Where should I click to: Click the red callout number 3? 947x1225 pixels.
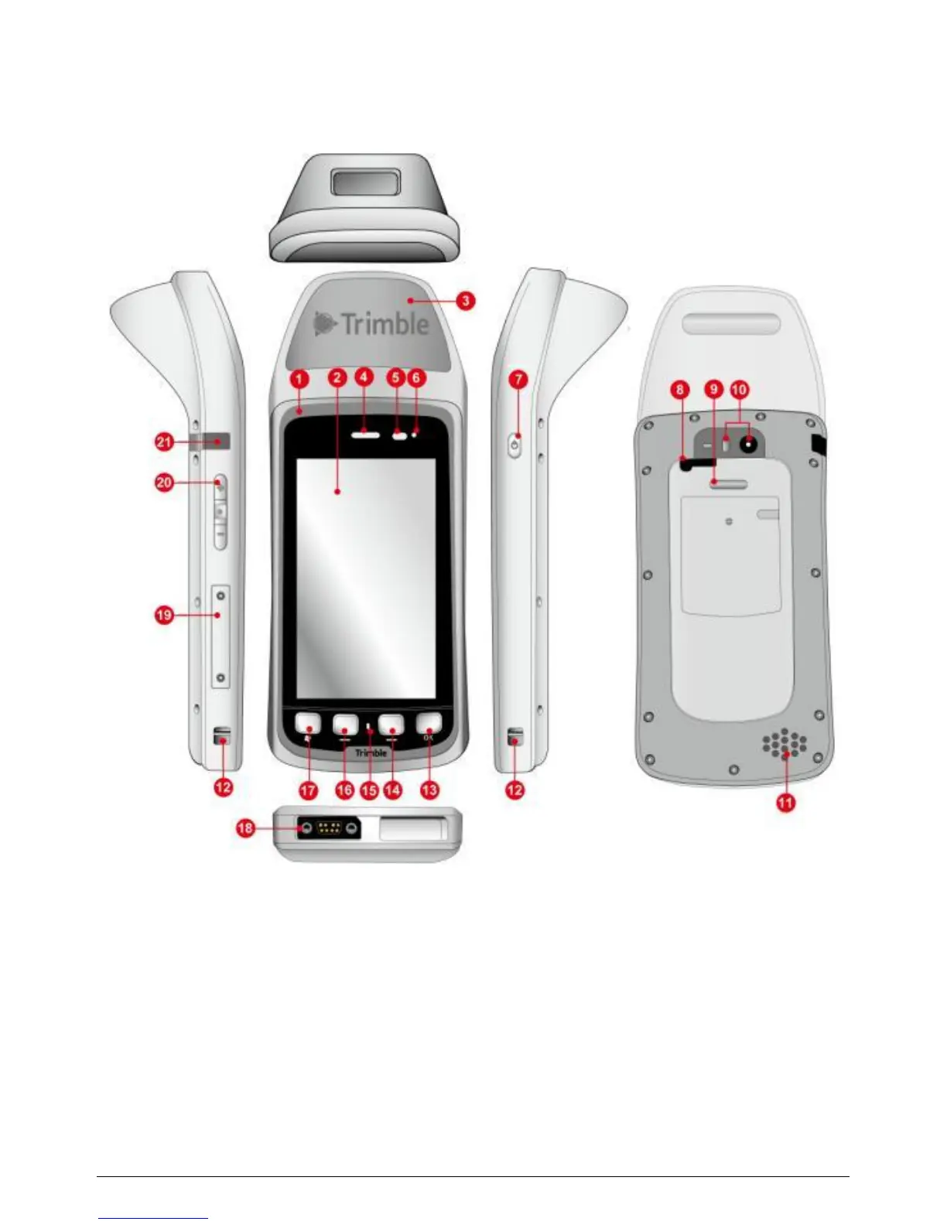464,300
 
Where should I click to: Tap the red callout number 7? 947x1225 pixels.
518,380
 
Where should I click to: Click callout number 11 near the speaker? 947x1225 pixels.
785,803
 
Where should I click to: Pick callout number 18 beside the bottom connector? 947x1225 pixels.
245,828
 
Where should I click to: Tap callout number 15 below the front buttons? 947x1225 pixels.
370,790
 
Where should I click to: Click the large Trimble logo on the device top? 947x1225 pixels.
372,323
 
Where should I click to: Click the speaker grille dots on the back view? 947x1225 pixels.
785,743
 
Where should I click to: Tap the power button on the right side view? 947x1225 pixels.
515,445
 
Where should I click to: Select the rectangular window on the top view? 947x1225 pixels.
363,184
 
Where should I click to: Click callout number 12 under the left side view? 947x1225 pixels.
223,788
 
